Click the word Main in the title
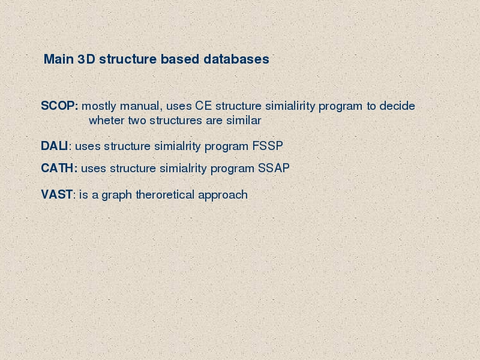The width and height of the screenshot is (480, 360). click(x=59, y=59)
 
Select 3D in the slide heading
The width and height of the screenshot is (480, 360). click(x=86, y=59)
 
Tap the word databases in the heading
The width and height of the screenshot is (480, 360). click(x=236, y=59)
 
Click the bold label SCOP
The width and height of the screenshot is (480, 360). click(x=59, y=106)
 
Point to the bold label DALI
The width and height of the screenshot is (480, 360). click(x=55, y=146)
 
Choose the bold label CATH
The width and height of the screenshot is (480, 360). click(x=59, y=168)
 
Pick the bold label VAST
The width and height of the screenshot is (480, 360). click(x=57, y=194)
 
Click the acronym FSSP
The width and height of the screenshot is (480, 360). click(x=268, y=146)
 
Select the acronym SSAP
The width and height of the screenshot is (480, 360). click(x=274, y=168)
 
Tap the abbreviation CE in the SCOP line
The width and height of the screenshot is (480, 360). click(x=203, y=106)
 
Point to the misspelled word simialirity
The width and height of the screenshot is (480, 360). click(x=290, y=106)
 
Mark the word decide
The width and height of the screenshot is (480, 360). click(x=397, y=106)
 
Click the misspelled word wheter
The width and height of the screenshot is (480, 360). click(x=107, y=121)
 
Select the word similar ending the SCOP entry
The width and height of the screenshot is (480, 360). click(x=244, y=121)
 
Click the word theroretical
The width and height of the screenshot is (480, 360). click(x=165, y=194)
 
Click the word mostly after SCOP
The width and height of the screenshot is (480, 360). click(x=99, y=107)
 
